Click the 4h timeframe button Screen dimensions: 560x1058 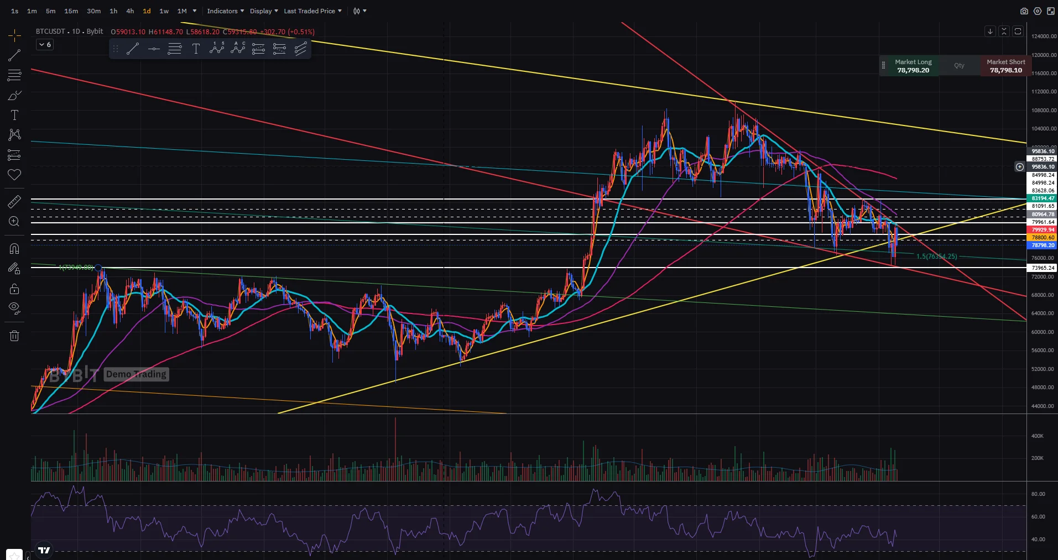[x=130, y=11]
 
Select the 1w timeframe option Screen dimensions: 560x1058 [x=164, y=11]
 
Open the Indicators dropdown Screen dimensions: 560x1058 [x=225, y=11]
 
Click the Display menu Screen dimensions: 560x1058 [x=264, y=11]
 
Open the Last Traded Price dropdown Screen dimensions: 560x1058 [x=312, y=11]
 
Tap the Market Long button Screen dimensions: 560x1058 [x=913, y=66]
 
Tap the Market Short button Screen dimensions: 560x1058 [x=1005, y=66]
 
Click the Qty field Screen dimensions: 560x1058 [x=959, y=65]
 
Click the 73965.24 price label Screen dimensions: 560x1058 [x=1043, y=268]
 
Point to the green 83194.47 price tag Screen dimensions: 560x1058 [x=1043, y=198]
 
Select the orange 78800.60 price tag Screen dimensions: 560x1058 [x=1043, y=237]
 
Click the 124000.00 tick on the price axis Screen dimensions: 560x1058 [x=1044, y=36]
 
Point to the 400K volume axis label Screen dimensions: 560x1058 [x=1037, y=436]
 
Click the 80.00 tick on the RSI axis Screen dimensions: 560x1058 [x=1038, y=494]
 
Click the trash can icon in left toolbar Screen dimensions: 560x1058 [x=14, y=336]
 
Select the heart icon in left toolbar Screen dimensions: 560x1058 [x=14, y=175]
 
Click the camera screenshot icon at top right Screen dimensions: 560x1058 [x=1024, y=11]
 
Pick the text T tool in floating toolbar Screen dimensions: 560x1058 [x=196, y=49]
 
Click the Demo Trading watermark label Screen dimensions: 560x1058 [x=136, y=374]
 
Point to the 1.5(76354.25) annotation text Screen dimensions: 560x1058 [x=936, y=257]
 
